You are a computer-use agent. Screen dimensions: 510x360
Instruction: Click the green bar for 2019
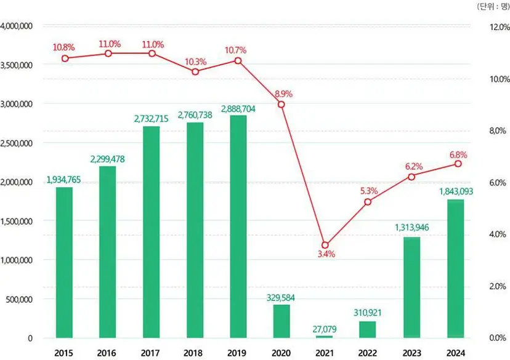(238, 226)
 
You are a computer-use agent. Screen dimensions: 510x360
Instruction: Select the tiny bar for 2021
(324, 337)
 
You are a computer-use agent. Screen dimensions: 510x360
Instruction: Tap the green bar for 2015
(64, 263)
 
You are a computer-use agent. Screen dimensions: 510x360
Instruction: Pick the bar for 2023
(412, 287)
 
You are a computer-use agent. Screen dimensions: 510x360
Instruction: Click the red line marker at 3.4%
(325, 245)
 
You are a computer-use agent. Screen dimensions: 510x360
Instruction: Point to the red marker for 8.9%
(281, 105)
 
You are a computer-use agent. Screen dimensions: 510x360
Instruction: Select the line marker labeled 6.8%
(458, 164)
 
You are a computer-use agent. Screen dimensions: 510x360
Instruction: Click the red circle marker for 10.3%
(195, 71)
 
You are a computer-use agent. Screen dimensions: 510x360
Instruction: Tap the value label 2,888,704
(238, 109)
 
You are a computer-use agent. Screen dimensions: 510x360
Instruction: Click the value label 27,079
(324, 329)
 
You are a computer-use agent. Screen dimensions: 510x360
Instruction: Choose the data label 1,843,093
(456, 192)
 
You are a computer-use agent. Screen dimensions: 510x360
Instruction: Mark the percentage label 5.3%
(369, 191)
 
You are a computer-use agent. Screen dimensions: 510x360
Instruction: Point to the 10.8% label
(64, 47)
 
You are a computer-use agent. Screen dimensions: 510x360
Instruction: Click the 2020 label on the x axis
(281, 353)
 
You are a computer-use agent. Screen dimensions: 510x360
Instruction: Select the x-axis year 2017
(150, 353)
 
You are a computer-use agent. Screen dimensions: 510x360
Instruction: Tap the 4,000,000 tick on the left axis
(16, 26)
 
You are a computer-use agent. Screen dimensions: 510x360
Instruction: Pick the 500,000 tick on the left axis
(19, 299)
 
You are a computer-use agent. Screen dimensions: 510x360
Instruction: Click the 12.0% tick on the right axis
(500, 27)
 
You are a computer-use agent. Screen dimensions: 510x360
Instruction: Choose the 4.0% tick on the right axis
(498, 234)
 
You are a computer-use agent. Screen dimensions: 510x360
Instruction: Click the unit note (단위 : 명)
(493, 6)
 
